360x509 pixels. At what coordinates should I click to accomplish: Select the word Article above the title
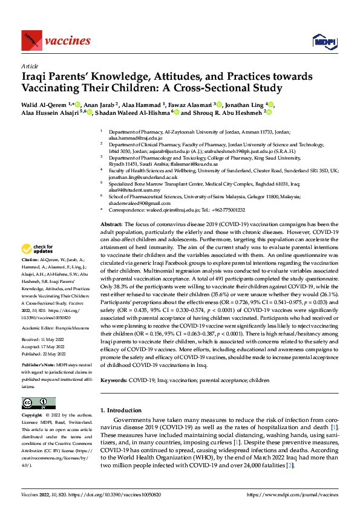tap(29, 65)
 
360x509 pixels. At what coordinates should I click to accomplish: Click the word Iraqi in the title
tap(36, 77)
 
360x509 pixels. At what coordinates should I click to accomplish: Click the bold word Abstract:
tap(113, 224)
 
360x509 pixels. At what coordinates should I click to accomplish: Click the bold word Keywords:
tap(116, 381)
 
